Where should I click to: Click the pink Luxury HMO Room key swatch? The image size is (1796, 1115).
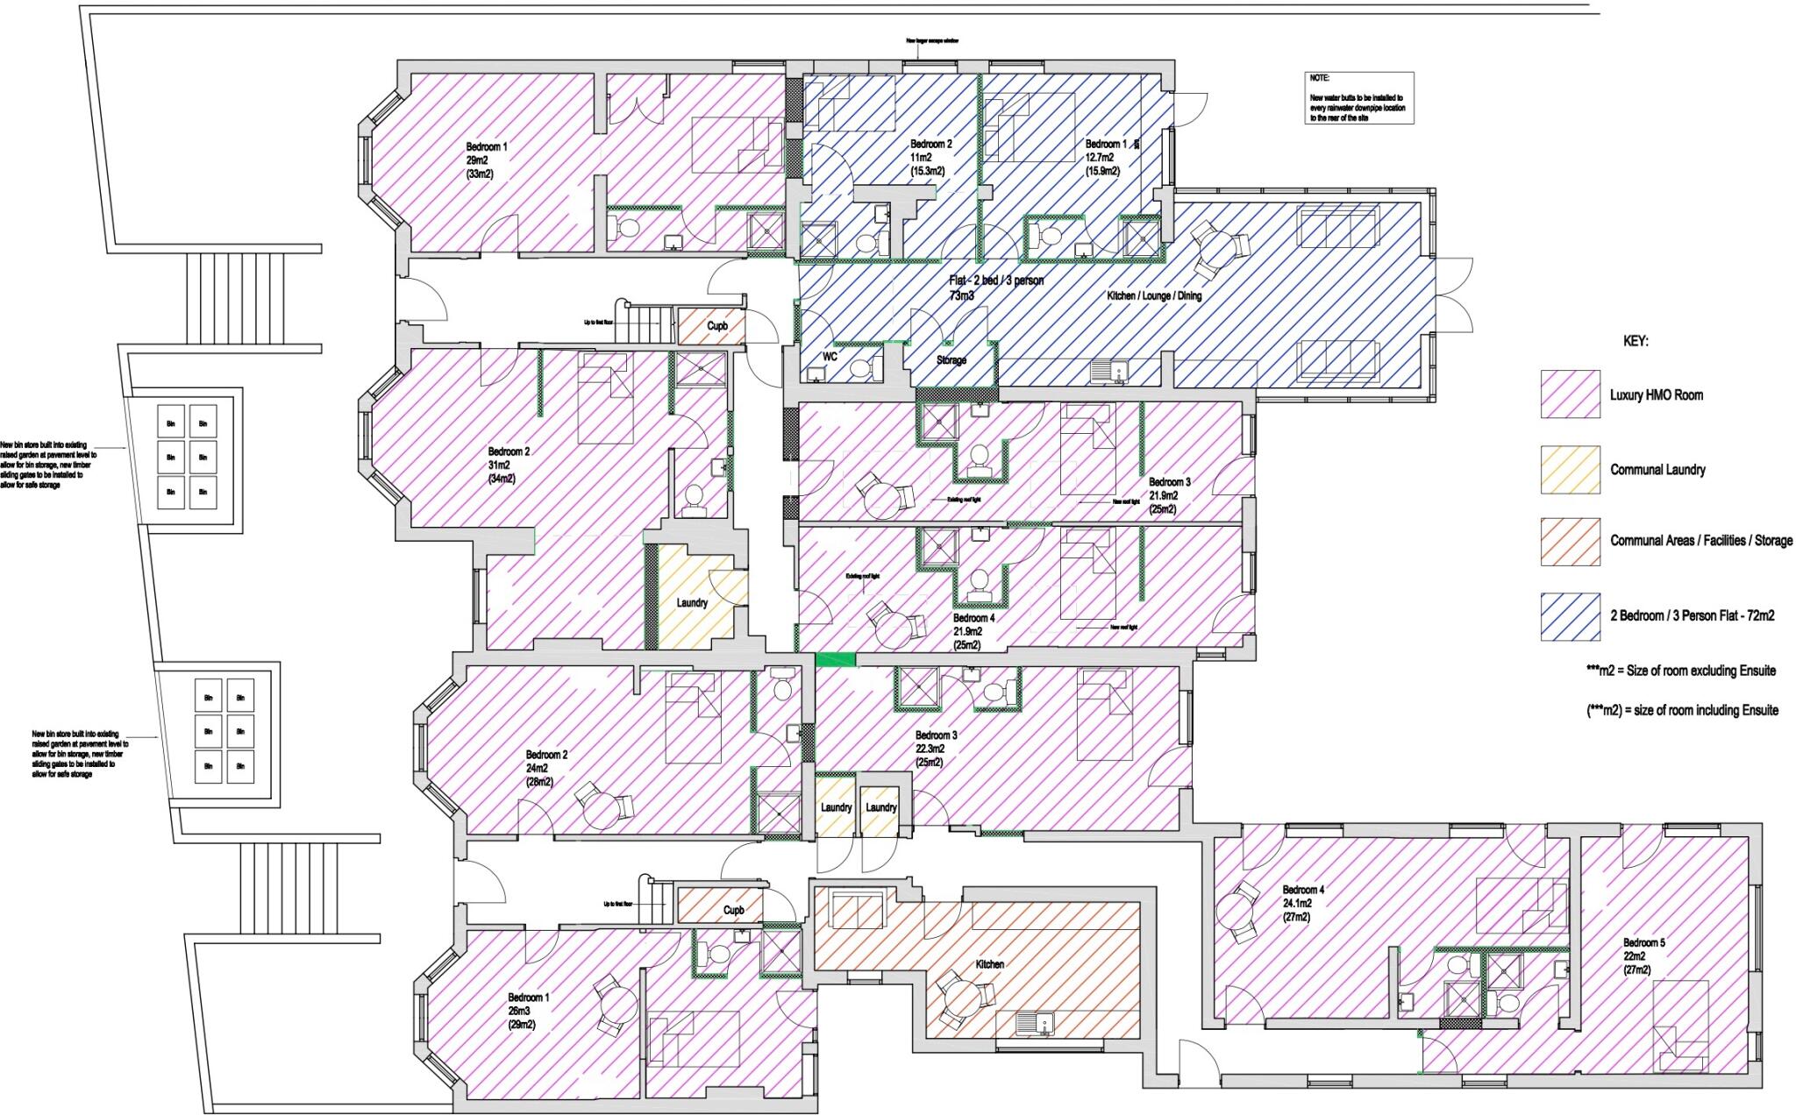[x=1570, y=394]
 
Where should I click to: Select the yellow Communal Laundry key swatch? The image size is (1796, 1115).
[x=1570, y=470]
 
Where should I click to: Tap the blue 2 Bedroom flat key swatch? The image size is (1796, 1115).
[x=1570, y=616]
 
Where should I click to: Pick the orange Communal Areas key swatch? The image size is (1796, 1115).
[x=1570, y=541]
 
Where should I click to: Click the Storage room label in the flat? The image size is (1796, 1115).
[x=951, y=360]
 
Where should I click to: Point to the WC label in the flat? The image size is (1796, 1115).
[x=830, y=357]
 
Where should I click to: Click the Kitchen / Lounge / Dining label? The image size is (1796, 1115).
[x=1154, y=296]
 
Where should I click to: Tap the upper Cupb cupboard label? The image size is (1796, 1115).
[x=717, y=326]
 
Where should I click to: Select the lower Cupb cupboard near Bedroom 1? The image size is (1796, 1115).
[x=734, y=910]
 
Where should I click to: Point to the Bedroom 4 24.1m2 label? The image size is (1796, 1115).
[x=1303, y=890]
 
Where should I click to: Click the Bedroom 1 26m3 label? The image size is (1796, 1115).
[x=529, y=998]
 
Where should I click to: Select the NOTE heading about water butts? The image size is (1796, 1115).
[x=1319, y=79]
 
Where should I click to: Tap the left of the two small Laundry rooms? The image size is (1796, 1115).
[x=836, y=807]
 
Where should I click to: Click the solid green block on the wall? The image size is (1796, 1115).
[x=834, y=659]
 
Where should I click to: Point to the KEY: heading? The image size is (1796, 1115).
[x=1636, y=342]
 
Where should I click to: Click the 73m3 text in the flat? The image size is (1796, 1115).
[x=961, y=296]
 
